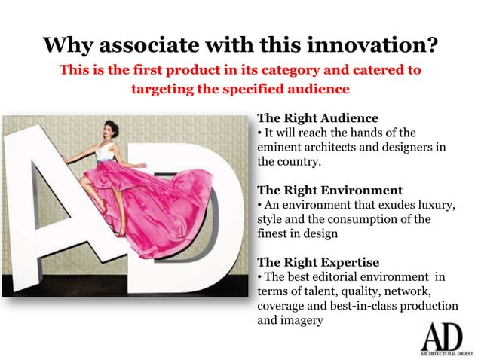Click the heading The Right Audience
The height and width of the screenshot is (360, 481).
(x=317, y=118)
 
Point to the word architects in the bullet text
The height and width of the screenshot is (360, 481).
(x=357, y=147)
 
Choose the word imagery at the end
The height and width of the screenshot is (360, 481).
(x=301, y=320)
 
